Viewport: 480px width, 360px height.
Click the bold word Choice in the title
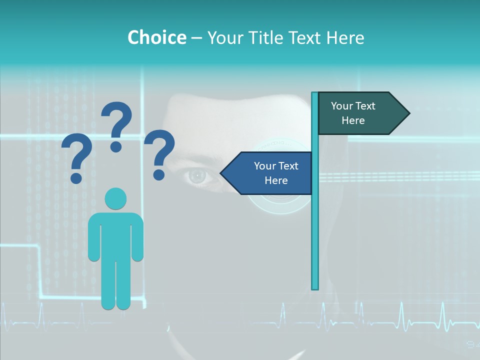pos(156,37)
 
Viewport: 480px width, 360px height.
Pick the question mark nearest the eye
pos(159,154)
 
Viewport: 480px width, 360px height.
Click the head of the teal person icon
pos(115,198)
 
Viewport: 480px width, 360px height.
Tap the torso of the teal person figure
pos(115,235)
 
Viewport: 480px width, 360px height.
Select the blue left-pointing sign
pos(270,173)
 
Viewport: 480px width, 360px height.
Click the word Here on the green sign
pos(353,120)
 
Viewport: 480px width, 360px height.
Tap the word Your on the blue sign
pos(265,166)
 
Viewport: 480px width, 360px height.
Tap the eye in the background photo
pos(197,175)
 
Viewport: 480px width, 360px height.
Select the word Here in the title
pos(345,37)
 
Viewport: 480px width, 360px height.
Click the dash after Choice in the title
pos(196,38)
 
